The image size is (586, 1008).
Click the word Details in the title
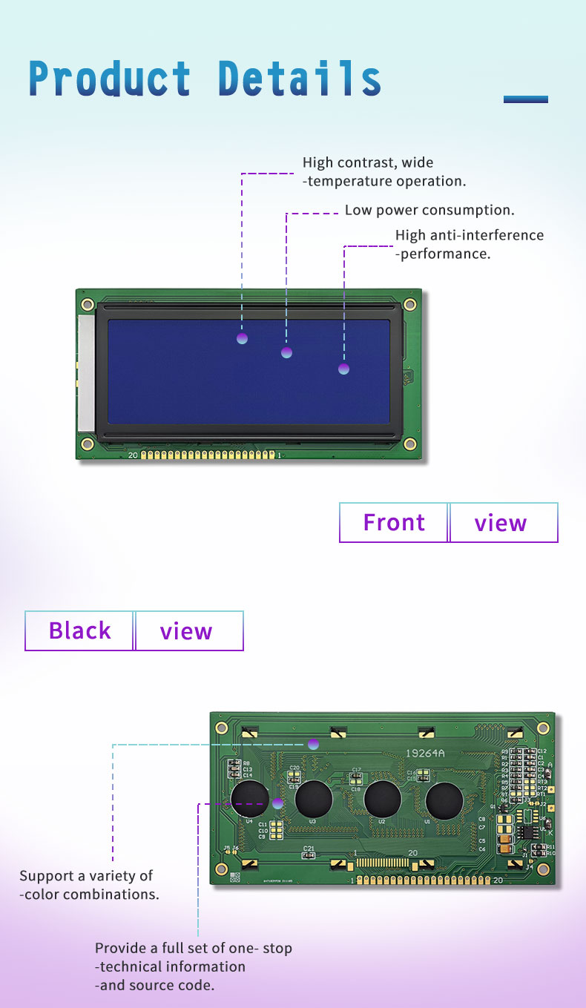coord(300,79)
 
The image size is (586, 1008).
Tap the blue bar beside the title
coord(525,99)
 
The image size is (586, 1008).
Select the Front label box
coord(394,523)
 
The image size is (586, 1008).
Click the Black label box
coord(79,631)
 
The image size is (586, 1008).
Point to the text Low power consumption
coord(429,211)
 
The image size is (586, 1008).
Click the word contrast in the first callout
coord(368,163)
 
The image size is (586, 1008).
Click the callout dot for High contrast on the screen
coord(242,339)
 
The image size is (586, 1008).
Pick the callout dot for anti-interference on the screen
coord(343,369)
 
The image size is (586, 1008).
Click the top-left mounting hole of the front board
coord(88,304)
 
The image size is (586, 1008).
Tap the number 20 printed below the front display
coord(133,455)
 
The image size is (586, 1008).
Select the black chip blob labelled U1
coord(444,800)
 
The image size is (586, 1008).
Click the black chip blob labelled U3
coord(313,800)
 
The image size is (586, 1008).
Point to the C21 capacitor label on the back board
coord(308,848)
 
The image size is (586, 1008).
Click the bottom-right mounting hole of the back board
coord(542,869)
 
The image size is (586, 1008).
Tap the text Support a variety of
coord(86,876)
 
